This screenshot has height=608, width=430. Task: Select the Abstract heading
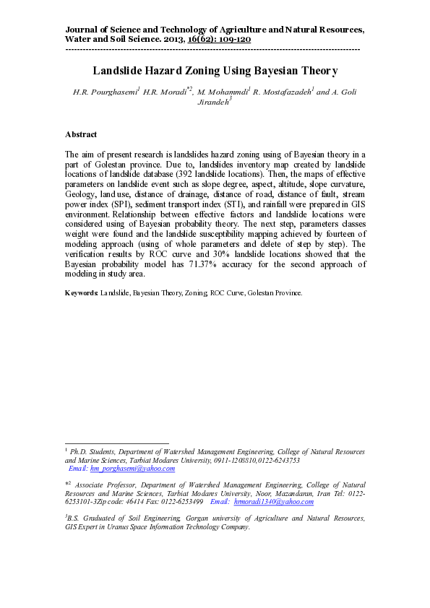tap(81, 134)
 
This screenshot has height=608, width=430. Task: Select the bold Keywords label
tap(81, 293)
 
